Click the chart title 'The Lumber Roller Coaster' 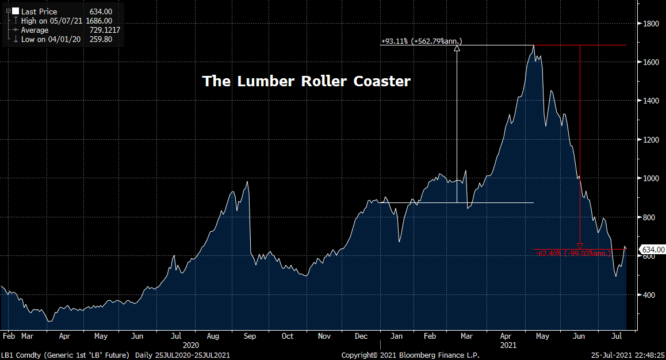click(307, 81)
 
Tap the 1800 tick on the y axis click(651, 24)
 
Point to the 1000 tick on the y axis click(651, 178)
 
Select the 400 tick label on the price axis click(649, 295)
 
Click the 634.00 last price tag click(653, 250)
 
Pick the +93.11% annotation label click(422, 41)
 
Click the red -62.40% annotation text click(573, 253)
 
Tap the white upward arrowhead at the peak click(457, 48)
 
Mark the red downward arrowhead click(580, 246)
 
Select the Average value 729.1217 click(105, 30)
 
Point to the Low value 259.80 click(101, 39)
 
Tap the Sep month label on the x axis click(250, 336)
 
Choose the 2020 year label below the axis click(191, 345)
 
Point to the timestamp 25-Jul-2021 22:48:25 click(627, 355)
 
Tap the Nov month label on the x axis click(324, 336)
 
